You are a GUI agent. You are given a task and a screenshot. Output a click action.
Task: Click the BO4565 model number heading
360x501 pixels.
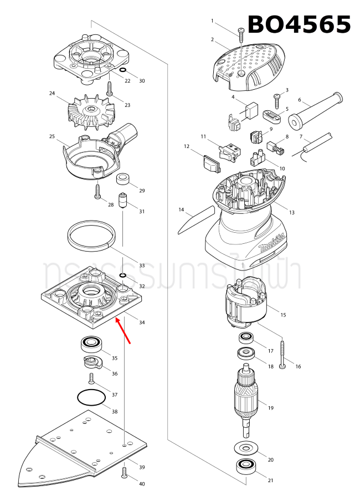click(299, 25)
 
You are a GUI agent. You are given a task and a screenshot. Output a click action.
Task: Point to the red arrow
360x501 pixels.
click(123, 331)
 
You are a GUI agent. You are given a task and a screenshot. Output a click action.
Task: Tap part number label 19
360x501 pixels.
click(271, 408)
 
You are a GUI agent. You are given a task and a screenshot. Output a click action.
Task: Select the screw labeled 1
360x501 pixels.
click(240, 36)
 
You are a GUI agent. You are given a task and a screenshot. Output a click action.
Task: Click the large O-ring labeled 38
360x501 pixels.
click(91, 397)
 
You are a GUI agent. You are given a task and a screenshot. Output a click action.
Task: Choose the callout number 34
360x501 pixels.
click(142, 323)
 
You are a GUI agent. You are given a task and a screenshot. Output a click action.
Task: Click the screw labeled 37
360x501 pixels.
click(91, 379)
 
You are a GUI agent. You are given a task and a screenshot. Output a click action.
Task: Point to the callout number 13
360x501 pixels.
click(291, 212)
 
